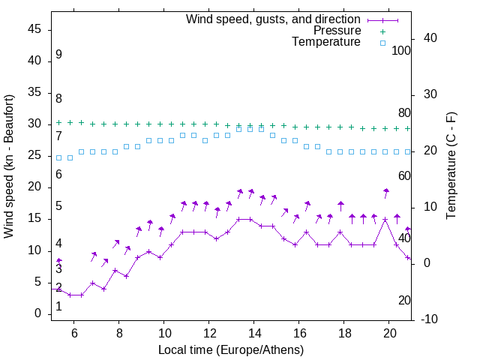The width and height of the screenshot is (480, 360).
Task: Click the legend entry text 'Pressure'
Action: [x=337, y=31]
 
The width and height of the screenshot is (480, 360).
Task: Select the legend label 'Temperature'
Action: [x=326, y=42]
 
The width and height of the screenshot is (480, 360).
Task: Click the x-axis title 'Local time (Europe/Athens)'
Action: [x=231, y=349]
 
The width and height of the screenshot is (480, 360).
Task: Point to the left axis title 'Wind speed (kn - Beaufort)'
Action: [x=9, y=166]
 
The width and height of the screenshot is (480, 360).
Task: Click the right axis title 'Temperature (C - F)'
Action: [x=451, y=166]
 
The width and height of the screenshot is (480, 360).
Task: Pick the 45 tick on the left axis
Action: [x=34, y=29]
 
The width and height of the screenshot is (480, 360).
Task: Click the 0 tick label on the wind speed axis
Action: [x=37, y=313]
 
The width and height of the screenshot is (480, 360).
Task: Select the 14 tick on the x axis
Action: [x=254, y=332]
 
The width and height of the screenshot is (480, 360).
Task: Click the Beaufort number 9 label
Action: [x=58, y=55]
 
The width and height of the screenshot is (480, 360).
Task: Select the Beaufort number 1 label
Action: [x=58, y=307]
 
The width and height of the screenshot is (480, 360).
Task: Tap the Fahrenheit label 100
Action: [x=401, y=50]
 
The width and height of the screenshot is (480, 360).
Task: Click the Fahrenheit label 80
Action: [x=404, y=112]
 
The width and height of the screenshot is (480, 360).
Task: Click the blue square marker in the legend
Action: [x=382, y=43]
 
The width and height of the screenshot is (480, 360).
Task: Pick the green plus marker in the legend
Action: [x=382, y=31]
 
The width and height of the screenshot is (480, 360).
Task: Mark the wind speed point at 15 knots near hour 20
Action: [x=385, y=220]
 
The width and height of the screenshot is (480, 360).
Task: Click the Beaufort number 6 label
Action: [x=58, y=174]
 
